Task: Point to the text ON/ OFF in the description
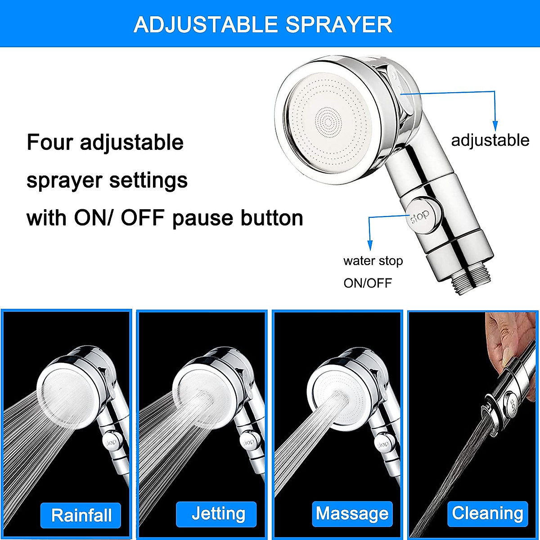tap(121, 218)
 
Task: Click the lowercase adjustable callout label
tap(490, 140)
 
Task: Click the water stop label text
tap(373, 261)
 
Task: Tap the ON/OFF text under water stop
tap(368, 283)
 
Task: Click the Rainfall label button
tap(81, 515)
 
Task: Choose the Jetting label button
tap(216, 514)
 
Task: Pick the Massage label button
tap(352, 514)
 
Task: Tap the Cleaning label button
tap(488, 513)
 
